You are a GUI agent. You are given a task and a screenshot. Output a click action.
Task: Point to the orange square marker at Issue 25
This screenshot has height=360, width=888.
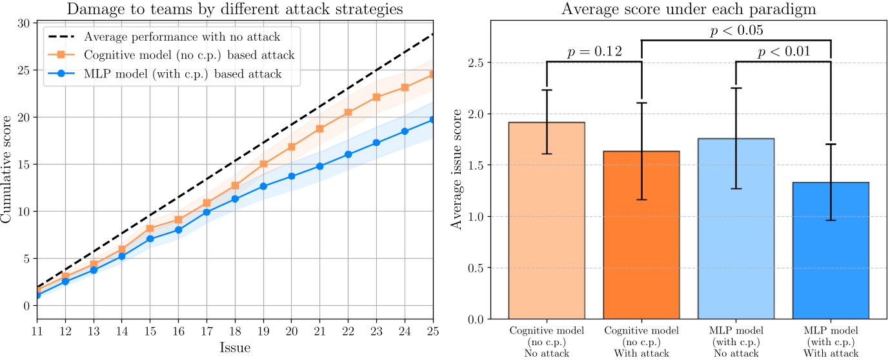pyautogui.click(x=433, y=74)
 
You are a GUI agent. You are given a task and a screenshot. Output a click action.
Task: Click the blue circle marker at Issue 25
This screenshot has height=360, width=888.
pyautogui.click(x=433, y=119)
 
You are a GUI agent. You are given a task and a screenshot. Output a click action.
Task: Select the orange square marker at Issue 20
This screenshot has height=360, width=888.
pyautogui.click(x=291, y=146)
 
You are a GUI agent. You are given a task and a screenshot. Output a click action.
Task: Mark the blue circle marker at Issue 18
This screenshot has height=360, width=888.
pyautogui.click(x=234, y=199)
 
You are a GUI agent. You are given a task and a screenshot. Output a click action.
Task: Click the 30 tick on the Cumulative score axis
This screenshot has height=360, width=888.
pyautogui.click(x=24, y=23)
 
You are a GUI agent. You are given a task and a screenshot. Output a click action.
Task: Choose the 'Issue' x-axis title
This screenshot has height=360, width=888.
pyautogui.click(x=234, y=348)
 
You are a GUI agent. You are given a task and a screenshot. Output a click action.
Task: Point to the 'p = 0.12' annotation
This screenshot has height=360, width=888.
pyautogui.click(x=594, y=52)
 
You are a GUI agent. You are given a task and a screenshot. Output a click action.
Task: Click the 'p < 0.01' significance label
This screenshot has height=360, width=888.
pyautogui.click(x=783, y=52)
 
